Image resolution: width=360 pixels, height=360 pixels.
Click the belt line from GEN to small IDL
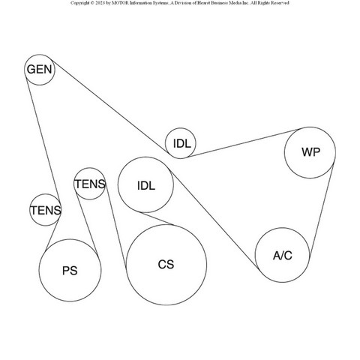click(x=109, y=106)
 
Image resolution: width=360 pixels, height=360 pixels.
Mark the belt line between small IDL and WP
click(x=244, y=142)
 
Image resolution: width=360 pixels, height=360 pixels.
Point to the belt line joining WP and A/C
click(x=321, y=210)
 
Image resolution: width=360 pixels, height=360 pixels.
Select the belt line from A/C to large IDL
click(x=214, y=219)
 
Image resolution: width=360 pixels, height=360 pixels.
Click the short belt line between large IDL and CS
click(x=157, y=219)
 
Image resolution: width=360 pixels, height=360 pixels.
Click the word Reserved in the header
click(x=280, y=3)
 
